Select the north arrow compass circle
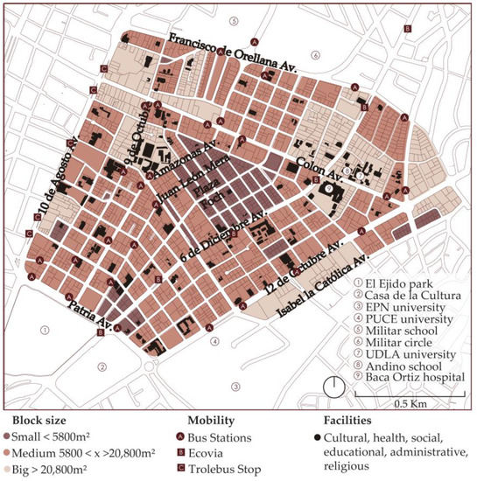click(333, 384)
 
